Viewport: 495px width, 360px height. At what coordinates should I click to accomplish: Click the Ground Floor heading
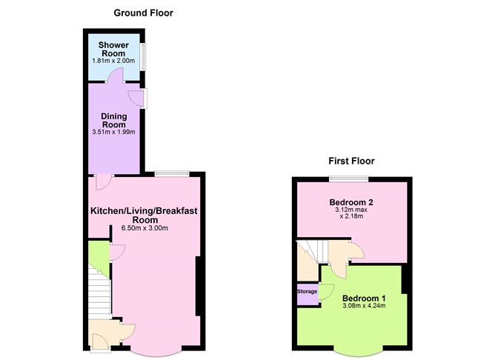click(144, 13)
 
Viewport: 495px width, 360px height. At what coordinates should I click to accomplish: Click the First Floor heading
click(351, 161)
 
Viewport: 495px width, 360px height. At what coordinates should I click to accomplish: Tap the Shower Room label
click(115, 50)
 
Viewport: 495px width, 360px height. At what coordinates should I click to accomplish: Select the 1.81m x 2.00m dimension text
click(114, 61)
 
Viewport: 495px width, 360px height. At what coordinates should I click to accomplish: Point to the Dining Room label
click(114, 121)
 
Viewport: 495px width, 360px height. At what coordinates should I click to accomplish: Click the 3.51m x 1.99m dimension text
click(114, 132)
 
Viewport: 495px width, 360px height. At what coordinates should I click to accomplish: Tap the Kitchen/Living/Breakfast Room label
click(144, 216)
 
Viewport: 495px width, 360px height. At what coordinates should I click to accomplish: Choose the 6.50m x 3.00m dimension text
click(144, 228)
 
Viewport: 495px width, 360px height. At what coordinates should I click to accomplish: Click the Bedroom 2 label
click(351, 201)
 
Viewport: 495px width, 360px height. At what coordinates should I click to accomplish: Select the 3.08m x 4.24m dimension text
click(364, 305)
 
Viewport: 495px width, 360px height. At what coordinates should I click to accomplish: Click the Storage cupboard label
click(308, 292)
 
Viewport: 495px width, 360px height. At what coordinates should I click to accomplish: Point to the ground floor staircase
click(99, 293)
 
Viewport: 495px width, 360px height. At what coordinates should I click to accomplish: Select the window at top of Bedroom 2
click(349, 177)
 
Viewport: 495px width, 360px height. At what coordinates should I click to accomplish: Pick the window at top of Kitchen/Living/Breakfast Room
click(173, 173)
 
